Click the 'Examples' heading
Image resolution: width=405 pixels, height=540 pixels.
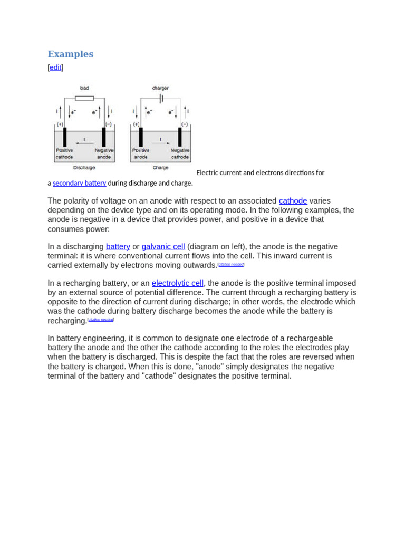pos(70,54)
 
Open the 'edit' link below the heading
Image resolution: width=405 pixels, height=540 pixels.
pos(55,67)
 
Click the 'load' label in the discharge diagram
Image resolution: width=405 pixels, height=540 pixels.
pos(84,88)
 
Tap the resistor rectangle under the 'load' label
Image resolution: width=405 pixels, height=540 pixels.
pos(84,98)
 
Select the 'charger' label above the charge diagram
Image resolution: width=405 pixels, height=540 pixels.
pos(160,88)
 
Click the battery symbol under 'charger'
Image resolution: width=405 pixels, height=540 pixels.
pos(161,98)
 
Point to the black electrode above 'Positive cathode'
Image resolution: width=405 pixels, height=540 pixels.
pos(65,137)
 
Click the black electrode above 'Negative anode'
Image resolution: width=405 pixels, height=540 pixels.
pos(104,137)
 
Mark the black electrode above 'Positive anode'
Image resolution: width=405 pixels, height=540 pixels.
pos(141,137)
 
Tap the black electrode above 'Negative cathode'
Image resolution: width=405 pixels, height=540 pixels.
pos(180,137)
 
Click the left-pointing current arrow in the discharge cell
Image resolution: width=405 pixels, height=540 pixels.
pos(84,142)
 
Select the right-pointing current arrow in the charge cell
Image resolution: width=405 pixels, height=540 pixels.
pos(160,142)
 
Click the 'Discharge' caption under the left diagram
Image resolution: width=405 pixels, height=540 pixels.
pos(84,168)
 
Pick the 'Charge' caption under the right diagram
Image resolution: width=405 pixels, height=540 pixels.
pos(160,168)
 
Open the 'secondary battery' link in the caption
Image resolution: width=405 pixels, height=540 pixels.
pos(79,183)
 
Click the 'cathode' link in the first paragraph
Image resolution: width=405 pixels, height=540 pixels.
pos(293,200)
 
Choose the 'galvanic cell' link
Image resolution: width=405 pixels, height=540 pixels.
pos(163,247)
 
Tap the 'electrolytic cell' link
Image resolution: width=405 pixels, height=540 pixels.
pos(177,283)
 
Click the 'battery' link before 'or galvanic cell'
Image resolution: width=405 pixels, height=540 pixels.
pos(118,247)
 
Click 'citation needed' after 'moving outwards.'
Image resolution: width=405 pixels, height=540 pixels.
pos(231,265)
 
